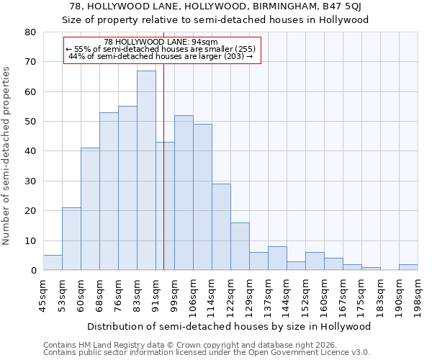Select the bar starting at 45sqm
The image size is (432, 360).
tap(53, 263)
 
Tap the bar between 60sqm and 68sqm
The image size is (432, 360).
tap(90, 209)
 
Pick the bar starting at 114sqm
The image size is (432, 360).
tap(221, 227)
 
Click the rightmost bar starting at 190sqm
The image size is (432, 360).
tap(408, 267)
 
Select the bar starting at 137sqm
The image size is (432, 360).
tap(277, 258)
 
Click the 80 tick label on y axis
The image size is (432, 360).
tap(30, 32)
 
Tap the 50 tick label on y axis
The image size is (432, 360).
tap(30, 122)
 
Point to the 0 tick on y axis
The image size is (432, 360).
tap(33, 271)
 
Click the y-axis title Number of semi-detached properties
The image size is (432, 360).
tap(6, 156)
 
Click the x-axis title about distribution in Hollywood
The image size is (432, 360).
tap(230, 326)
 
